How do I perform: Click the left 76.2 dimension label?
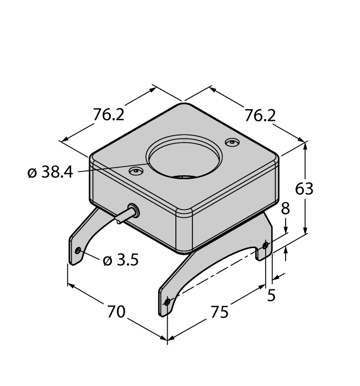109,115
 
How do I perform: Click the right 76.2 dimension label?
260,116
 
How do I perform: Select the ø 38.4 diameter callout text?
50,173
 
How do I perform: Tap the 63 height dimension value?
304,189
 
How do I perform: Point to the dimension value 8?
285,209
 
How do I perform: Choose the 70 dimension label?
116,312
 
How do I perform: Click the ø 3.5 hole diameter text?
120,260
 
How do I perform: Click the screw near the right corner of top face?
232,143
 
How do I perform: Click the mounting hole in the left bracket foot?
78,251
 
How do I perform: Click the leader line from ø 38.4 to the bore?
110,169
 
